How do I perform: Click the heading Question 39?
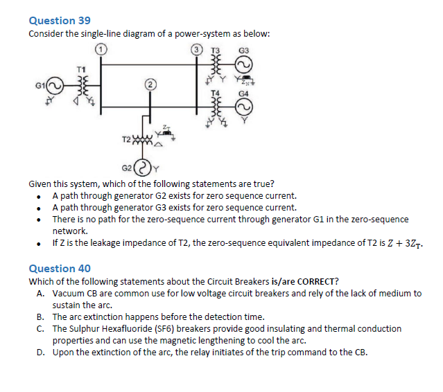59,21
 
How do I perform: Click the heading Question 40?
59,268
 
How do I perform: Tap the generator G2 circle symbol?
144,166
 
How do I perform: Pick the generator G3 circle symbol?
243,66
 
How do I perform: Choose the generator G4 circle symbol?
243,106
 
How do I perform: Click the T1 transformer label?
81,67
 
